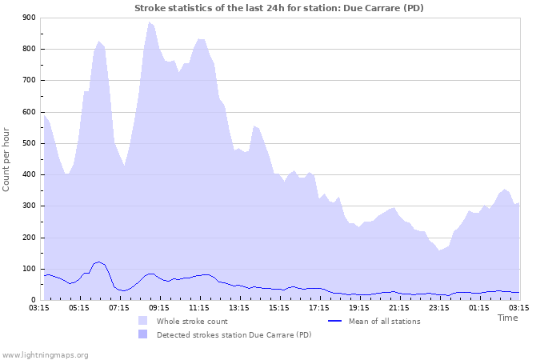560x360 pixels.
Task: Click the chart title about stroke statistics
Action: point(279,8)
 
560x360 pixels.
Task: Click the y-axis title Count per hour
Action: point(7,159)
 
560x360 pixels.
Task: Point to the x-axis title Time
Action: point(508,318)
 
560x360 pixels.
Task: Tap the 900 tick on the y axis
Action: point(29,18)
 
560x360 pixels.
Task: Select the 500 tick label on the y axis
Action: point(29,143)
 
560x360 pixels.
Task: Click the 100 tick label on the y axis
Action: point(29,269)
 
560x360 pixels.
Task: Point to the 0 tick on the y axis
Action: point(33,300)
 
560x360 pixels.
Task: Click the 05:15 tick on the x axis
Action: point(79,307)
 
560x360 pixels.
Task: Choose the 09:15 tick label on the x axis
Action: point(159,307)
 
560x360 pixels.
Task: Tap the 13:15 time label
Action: point(239,307)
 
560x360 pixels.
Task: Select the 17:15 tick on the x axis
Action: point(319,307)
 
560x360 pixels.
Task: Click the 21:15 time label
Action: point(399,307)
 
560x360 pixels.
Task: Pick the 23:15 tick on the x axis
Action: point(439,307)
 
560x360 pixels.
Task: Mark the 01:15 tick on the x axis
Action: point(479,307)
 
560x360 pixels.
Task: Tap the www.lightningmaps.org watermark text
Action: point(45,354)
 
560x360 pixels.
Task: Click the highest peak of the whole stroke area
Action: point(149,22)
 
